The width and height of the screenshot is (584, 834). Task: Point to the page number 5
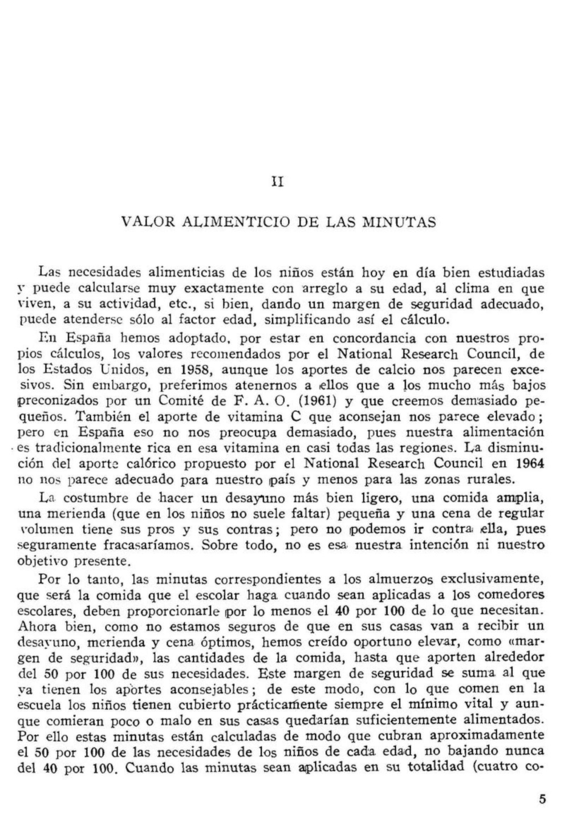[542, 799]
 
